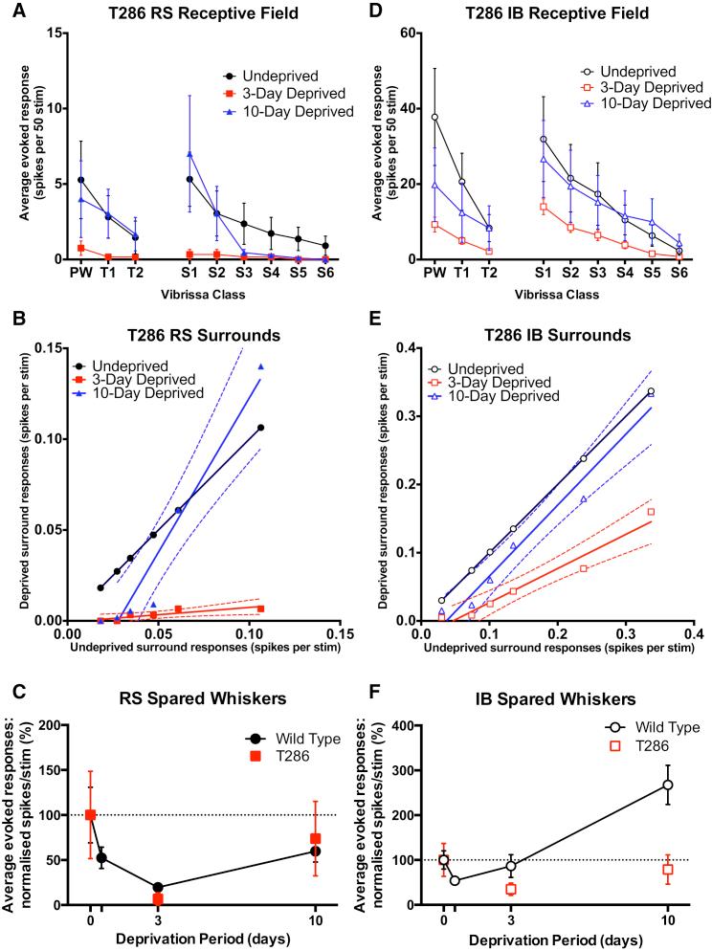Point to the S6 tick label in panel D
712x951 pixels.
point(679,274)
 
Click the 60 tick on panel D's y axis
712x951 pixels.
point(405,33)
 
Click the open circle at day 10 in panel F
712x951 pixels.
point(668,785)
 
